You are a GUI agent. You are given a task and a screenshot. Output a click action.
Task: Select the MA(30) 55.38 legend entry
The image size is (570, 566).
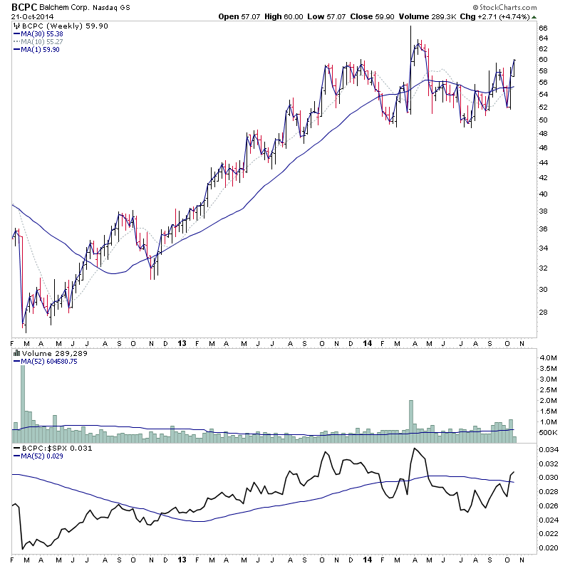[43, 33]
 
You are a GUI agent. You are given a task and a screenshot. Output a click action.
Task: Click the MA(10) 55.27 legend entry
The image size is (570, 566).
[43, 41]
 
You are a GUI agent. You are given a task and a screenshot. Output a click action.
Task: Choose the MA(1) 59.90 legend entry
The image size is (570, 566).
[41, 49]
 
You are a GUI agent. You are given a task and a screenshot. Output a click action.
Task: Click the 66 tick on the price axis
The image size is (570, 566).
[542, 28]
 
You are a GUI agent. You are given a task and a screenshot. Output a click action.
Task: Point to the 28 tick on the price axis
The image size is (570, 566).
[542, 313]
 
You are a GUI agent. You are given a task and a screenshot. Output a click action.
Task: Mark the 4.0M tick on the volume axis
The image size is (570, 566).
[547, 357]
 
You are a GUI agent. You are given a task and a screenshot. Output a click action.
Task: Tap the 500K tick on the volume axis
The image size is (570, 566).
[547, 433]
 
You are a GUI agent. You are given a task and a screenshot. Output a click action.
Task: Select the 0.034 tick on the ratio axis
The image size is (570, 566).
[549, 451]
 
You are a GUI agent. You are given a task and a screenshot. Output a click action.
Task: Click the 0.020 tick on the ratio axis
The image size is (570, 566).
[549, 547]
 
